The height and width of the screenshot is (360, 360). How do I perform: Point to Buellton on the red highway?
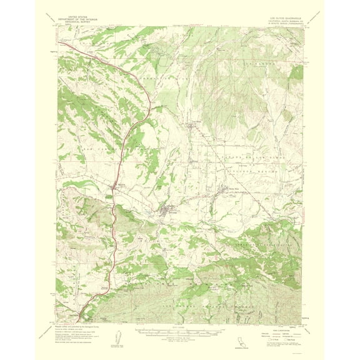[x=114, y=187]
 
